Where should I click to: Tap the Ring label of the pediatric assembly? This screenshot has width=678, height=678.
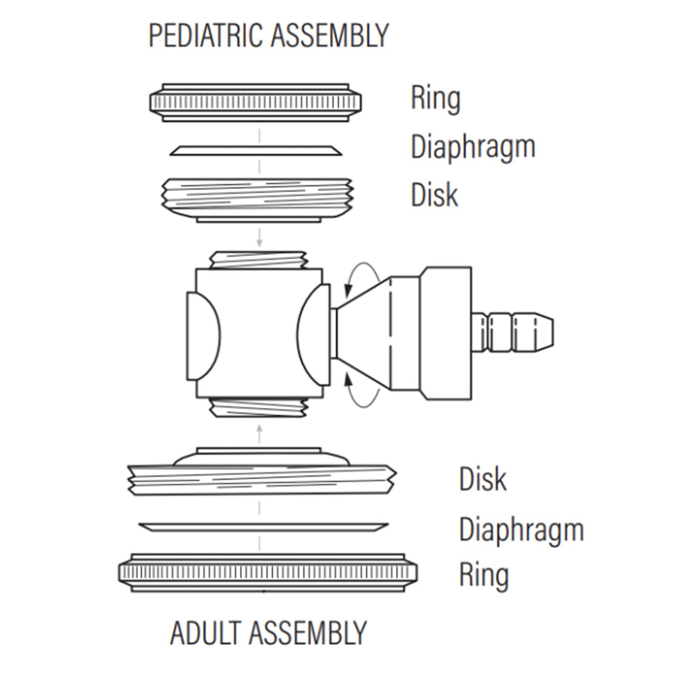click(435, 99)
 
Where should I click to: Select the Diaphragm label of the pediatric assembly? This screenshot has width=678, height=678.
click(473, 148)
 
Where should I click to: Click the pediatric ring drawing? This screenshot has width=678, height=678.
click(256, 103)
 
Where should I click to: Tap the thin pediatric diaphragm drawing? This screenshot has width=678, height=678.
click(256, 151)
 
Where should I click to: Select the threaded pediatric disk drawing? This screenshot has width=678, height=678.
click(257, 200)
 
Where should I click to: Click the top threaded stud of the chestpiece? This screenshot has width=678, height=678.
click(259, 260)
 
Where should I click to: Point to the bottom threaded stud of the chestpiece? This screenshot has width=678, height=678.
click(259, 408)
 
